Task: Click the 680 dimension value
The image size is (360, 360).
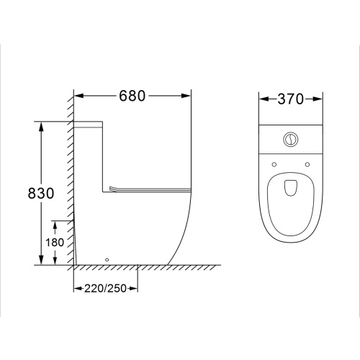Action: coord(132,96)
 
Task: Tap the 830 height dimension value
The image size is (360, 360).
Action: coord(41,193)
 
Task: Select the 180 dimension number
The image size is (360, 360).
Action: coord(55,243)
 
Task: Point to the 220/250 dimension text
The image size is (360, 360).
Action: coord(105,289)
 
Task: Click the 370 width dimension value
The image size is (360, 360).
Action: coord(291,99)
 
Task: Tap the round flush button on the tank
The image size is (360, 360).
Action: coord(291,139)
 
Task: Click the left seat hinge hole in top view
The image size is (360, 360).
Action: coord(274,164)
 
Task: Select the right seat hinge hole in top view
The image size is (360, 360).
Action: coord(307,164)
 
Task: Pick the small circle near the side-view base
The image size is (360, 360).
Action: coord(107,259)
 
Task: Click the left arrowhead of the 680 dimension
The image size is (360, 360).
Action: coord(78,96)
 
